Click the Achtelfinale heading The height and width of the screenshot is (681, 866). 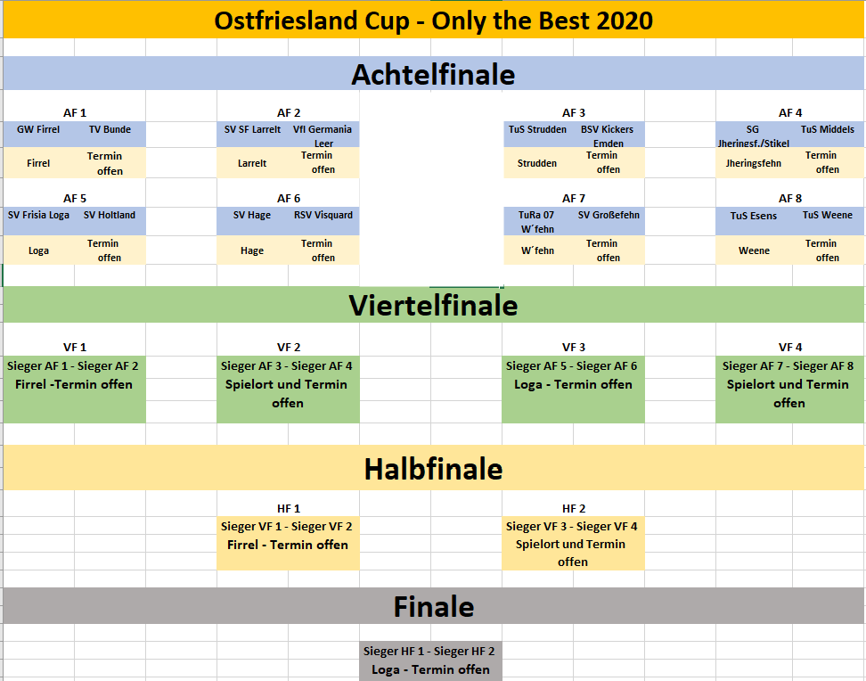pyautogui.click(x=433, y=75)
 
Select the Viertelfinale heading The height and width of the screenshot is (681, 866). pyautogui.click(x=433, y=305)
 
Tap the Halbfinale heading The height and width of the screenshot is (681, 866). pyautogui.click(x=434, y=469)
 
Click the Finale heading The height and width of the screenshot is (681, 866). pyautogui.click(x=434, y=606)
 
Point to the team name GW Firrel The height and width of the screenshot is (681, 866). pyautogui.click(x=38, y=129)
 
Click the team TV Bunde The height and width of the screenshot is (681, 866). pyautogui.click(x=110, y=129)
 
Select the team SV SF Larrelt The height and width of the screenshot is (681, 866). pyautogui.click(x=252, y=129)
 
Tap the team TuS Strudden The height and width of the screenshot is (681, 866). pyautogui.click(x=537, y=129)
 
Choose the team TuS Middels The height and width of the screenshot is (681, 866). pyautogui.click(x=828, y=129)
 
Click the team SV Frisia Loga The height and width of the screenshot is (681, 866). pyautogui.click(x=38, y=215)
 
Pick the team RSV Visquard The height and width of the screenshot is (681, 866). pyautogui.click(x=323, y=215)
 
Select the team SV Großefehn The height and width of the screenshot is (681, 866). pyautogui.click(x=609, y=215)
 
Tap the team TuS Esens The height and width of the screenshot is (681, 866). pyautogui.click(x=754, y=216)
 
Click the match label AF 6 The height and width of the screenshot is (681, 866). pyautogui.click(x=289, y=199)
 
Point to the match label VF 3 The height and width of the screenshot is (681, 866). pyautogui.click(x=573, y=347)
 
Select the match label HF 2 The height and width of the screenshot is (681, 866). pyautogui.click(x=573, y=509)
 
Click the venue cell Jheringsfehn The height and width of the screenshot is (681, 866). pyautogui.click(x=754, y=163)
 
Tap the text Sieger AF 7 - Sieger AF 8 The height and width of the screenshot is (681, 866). pyautogui.click(x=788, y=366)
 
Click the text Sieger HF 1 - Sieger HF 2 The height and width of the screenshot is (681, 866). pyautogui.click(x=429, y=652)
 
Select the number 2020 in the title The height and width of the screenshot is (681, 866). pyautogui.click(x=625, y=21)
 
